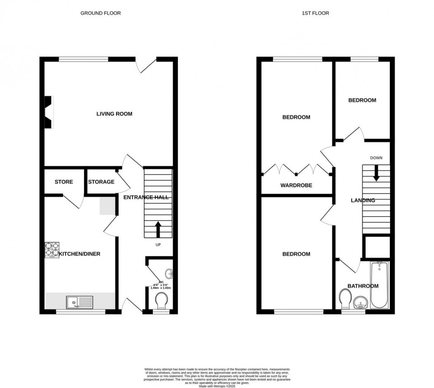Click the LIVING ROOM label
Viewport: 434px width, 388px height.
[114, 114]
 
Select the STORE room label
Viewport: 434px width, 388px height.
[64, 182]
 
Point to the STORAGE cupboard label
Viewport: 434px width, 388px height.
[101, 182]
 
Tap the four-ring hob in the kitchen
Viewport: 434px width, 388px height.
[51, 250]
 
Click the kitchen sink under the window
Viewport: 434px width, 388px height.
[79, 303]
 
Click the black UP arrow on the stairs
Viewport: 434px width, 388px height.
[158, 230]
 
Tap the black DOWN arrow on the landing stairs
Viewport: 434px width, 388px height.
[376, 173]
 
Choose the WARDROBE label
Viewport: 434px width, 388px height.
[296, 186]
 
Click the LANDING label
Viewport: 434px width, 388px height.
[363, 201]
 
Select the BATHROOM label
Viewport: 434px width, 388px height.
[363, 286]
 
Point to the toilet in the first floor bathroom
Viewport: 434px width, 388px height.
[345, 299]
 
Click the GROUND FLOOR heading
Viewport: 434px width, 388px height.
[101, 13]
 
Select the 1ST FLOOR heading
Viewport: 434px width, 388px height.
[315, 13]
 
